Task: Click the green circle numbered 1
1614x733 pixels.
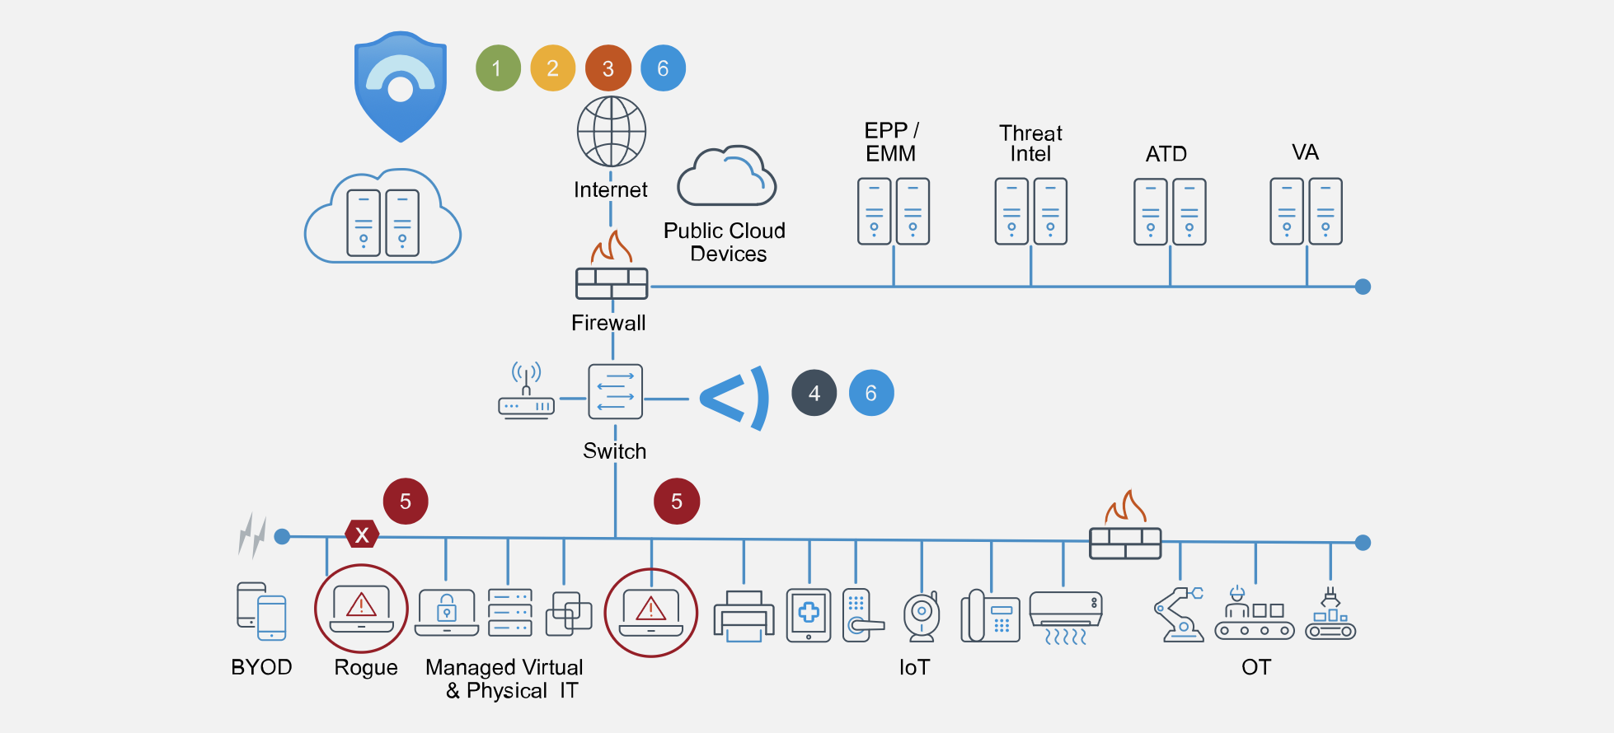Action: [498, 68]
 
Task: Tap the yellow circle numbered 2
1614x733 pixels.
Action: [552, 68]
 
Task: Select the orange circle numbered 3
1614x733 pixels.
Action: [608, 68]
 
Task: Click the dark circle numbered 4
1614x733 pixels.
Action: [814, 393]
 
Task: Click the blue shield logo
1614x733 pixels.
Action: [401, 86]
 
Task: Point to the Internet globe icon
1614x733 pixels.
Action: [611, 132]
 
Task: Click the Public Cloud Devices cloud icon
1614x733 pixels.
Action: [726, 177]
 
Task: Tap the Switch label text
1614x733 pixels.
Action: [614, 451]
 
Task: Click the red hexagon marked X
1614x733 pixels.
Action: [361, 535]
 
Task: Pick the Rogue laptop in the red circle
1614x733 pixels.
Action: [361, 609]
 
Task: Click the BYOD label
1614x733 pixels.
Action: [261, 667]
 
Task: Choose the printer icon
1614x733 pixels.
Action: [744, 616]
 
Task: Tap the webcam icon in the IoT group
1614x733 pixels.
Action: [922, 615]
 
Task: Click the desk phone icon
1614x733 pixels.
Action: [990, 616]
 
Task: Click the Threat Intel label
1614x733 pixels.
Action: [1030, 143]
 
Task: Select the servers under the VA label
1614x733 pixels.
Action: [1306, 212]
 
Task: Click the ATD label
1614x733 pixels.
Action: [1166, 154]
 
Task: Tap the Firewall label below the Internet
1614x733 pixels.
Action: [608, 323]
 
